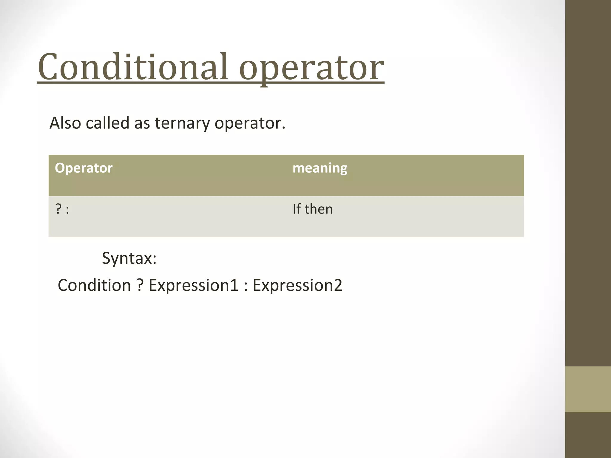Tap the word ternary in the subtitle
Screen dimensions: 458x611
pos(182,123)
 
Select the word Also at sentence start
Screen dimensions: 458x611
pos(65,123)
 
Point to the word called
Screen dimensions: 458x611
pos(107,123)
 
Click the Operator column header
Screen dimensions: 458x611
pos(84,168)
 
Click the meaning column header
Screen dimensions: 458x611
pos(320,168)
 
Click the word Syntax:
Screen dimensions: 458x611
pos(129,258)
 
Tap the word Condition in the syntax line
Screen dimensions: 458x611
pos(94,285)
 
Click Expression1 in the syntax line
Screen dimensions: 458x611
pos(193,285)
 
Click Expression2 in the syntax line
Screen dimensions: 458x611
pos(297,285)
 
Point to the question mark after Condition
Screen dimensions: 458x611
pos(140,285)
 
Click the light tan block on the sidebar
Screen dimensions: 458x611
pos(588,389)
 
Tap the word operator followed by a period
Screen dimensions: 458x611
pos(249,123)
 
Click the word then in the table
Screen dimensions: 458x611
pos(319,209)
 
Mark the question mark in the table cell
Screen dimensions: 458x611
pos(58,209)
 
